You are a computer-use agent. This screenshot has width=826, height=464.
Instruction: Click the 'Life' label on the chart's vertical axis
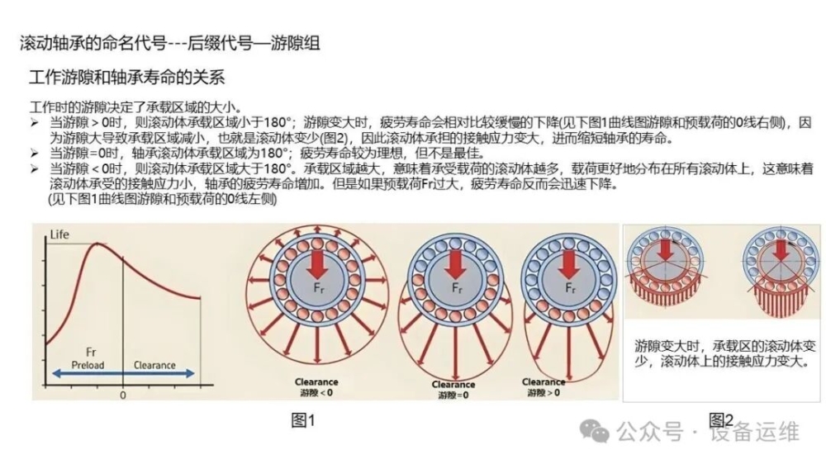[59, 234]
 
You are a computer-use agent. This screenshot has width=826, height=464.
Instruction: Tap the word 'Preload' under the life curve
[88, 365]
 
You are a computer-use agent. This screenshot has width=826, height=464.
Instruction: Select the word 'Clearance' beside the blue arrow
[154, 365]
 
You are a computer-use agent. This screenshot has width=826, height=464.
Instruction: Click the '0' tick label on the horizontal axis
[123, 395]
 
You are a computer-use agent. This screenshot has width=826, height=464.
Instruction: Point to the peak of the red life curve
[97, 244]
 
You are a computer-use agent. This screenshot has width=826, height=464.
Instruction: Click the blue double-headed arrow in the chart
[123, 374]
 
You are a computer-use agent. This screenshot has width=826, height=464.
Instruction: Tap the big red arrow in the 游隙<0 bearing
[317, 264]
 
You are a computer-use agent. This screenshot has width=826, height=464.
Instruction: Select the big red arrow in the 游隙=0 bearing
[455, 264]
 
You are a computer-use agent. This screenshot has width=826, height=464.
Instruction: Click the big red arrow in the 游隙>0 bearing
[568, 264]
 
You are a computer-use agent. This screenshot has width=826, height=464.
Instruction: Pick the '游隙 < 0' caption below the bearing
[316, 392]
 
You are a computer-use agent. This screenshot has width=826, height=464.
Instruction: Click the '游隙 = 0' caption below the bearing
[453, 395]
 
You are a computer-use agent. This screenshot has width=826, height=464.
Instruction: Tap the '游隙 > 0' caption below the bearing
[544, 392]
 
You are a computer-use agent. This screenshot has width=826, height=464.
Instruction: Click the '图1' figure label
[303, 420]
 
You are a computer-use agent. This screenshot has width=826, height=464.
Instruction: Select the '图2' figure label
[721, 419]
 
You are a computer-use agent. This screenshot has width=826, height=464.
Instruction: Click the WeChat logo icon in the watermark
[594, 431]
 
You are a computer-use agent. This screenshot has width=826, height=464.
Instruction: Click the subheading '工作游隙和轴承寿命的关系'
[127, 78]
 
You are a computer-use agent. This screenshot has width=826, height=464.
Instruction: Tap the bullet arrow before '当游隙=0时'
[35, 154]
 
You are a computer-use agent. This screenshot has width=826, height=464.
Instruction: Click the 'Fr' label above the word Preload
[91, 352]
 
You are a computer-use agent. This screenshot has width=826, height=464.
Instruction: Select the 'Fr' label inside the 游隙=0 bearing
[457, 288]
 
